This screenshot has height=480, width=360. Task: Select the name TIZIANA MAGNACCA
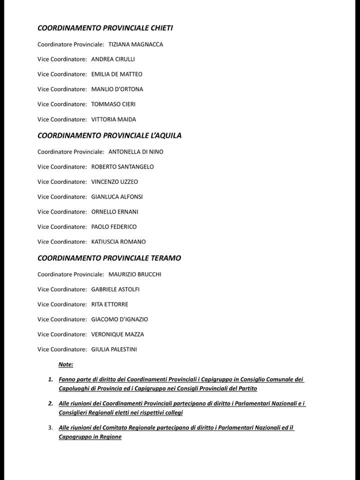point(135,44)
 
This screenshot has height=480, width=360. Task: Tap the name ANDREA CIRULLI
point(113,59)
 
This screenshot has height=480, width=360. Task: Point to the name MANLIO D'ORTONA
point(117,89)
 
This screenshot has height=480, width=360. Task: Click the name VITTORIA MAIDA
point(113,119)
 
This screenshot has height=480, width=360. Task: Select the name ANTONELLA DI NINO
point(135,152)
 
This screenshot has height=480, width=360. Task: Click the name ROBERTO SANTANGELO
point(122,167)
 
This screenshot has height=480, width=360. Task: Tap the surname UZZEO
point(128,182)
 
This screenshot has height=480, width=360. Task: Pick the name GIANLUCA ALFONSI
point(117,197)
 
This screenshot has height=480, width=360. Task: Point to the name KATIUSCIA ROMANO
point(118,242)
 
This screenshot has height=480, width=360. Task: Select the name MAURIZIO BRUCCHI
point(134,274)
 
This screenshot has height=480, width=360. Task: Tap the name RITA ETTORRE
point(109,304)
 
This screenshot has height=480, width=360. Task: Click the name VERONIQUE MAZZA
point(117,334)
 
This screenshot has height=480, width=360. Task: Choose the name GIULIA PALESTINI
point(114,349)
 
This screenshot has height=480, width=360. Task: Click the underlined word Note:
point(66,364)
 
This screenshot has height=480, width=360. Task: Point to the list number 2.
point(50,403)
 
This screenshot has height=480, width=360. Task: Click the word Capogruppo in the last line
point(74,437)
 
